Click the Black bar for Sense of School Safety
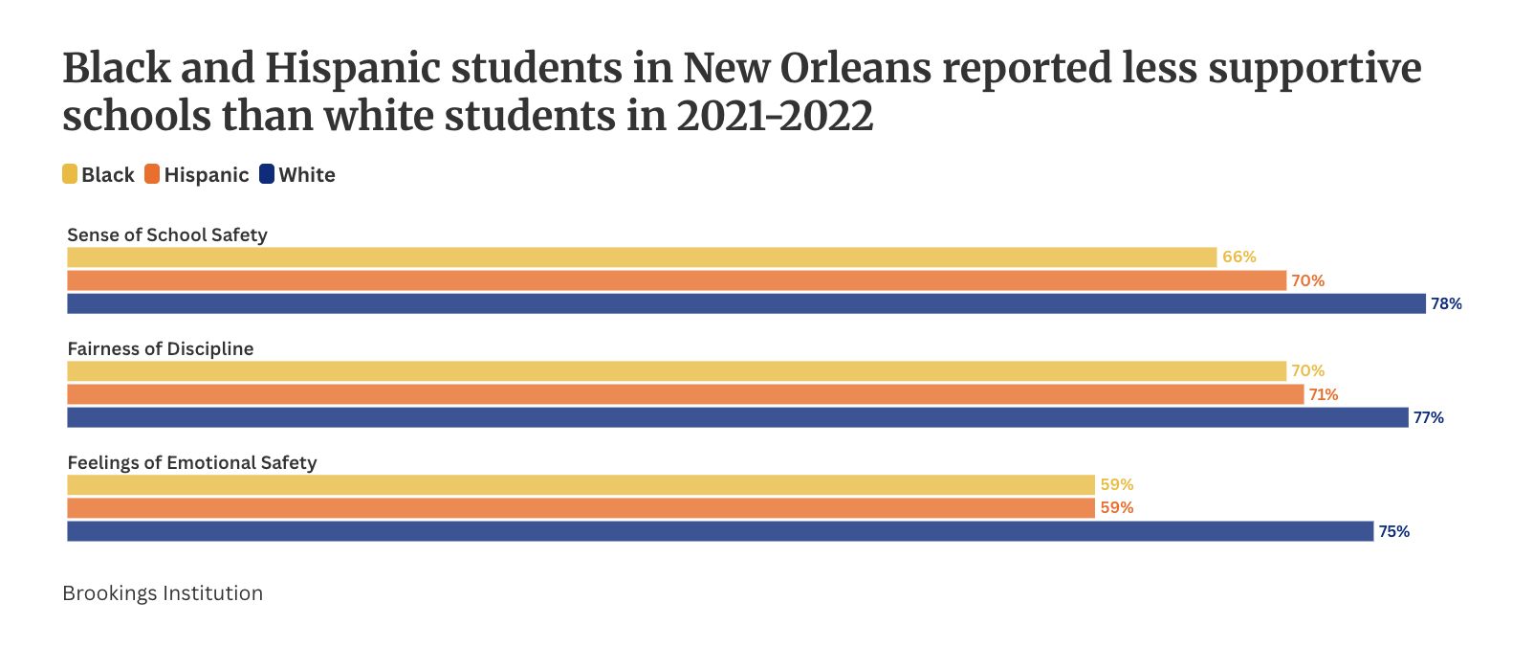click(x=641, y=257)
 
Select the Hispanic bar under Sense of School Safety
click(x=676, y=280)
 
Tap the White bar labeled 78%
click(x=746, y=303)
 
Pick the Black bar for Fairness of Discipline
click(x=676, y=371)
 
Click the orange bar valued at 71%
click(x=685, y=394)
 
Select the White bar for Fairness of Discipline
click(x=737, y=417)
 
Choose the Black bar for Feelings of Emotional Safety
click(x=581, y=485)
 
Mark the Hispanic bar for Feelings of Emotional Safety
click(x=581, y=508)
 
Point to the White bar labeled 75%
click(x=720, y=531)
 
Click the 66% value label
click(x=1238, y=257)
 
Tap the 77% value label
click(x=1428, y=418)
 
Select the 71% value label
click(x=1324, y=394)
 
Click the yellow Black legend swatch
click(x=70, y=174)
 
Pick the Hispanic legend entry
click(x=197, y=174)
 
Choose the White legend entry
click(x=297, y=174)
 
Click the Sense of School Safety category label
click(x=167, y=235)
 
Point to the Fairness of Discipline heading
click(x=161, y=349)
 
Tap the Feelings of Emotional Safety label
click(x=192, y=463)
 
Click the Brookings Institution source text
click(x=163, y=593)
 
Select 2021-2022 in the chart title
click(x=775, y=117)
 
